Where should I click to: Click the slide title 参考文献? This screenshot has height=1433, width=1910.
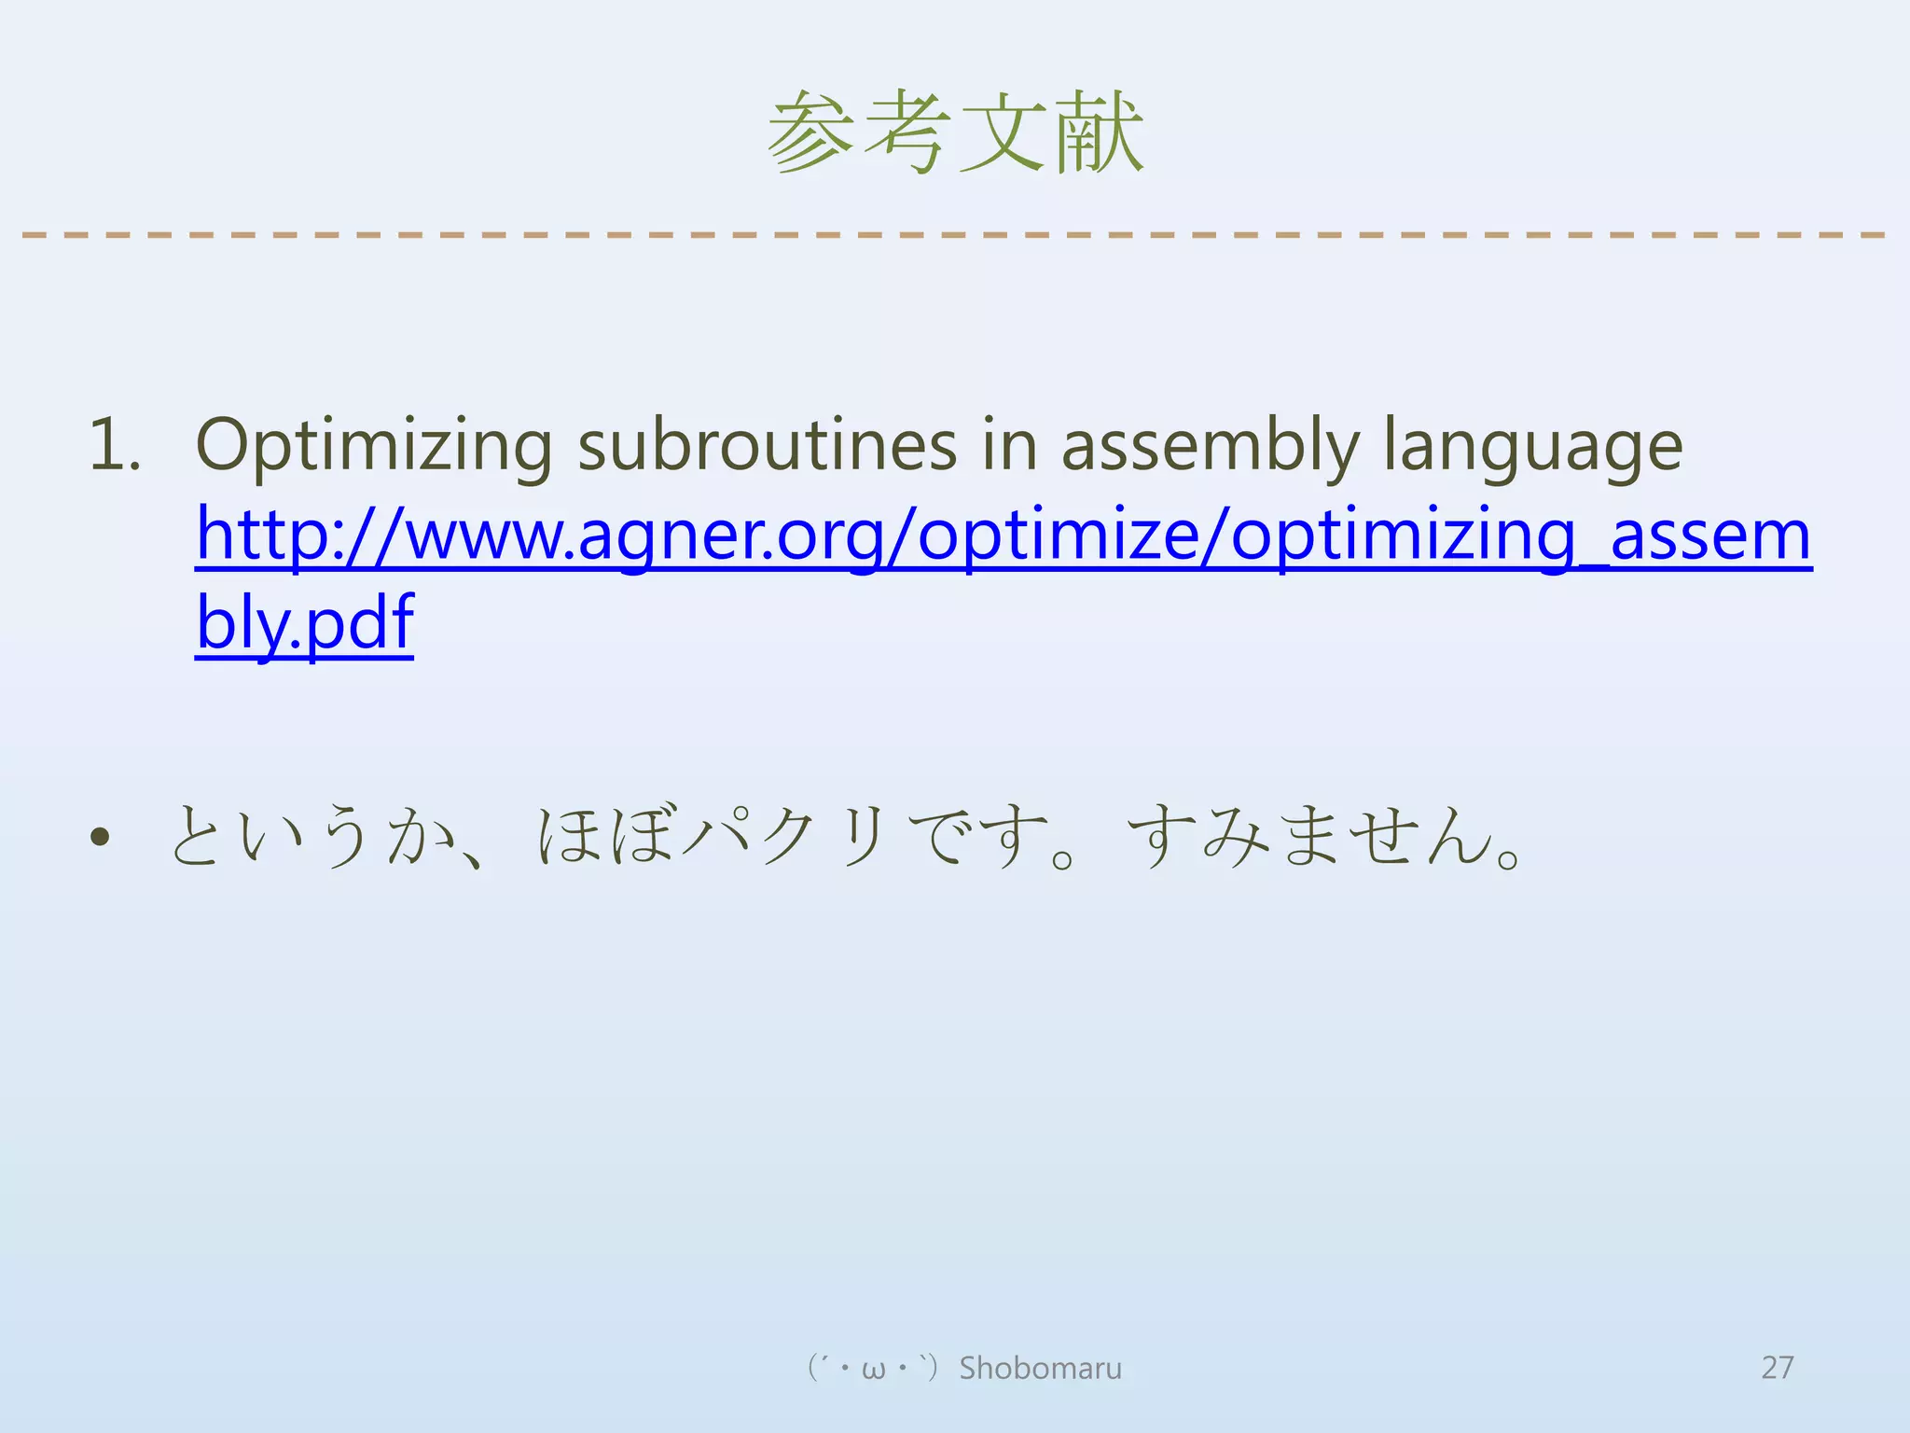click(x=955, y=132)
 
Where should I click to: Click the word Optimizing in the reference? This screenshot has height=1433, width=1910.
click(x=373, y=446)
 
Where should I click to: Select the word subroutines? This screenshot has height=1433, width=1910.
click(x=767, y=446)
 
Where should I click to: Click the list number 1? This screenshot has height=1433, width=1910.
click(x=114, y=446)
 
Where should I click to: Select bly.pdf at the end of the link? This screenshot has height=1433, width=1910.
click(x=304, y=623)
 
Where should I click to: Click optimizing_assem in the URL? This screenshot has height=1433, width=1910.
click(x=1520, y=536)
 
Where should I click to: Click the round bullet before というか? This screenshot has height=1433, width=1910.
click(x=100, y=837)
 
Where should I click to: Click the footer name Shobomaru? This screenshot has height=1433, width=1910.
click(x=1040, y=1368)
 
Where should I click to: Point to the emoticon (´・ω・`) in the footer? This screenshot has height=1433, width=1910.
click(x=872, y=1368)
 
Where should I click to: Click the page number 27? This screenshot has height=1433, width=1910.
click(x=1777, y=1368)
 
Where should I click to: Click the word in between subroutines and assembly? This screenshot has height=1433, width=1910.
click(x=1010, y=446)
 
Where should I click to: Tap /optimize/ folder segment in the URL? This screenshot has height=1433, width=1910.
click(x=1056, y=536)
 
